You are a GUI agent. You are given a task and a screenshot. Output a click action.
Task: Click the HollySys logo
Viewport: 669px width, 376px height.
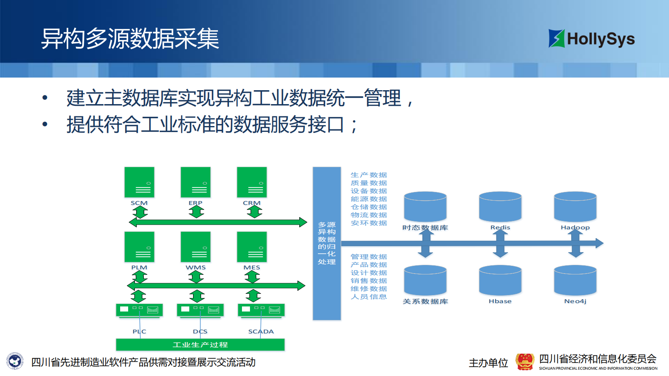591,38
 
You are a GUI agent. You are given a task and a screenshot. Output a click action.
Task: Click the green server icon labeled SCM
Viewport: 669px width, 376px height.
139,182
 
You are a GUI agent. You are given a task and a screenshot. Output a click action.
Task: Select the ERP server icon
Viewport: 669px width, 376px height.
195,182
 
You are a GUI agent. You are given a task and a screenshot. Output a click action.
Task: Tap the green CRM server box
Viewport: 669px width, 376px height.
252,182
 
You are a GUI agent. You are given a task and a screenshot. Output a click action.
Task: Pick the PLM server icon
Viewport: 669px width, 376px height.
139,247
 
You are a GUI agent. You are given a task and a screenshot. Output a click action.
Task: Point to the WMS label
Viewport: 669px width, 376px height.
196,268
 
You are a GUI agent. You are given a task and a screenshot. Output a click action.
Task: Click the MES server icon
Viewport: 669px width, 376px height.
252,247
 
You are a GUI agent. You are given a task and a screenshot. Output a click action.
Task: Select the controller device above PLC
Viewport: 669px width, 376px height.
139,310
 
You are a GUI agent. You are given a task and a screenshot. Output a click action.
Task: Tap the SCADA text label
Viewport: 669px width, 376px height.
261,332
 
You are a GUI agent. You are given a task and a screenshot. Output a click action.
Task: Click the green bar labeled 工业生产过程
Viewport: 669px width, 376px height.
200,345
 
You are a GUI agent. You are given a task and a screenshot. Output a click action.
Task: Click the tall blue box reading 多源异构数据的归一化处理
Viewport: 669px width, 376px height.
327,243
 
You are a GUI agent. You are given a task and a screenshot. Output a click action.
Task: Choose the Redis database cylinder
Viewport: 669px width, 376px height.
500,207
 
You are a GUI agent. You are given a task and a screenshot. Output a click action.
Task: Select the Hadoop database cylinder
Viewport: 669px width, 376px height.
575,207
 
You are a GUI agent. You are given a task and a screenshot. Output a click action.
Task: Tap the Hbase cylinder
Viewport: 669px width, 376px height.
500,280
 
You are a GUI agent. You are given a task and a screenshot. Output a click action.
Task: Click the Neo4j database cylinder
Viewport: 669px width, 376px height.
575,280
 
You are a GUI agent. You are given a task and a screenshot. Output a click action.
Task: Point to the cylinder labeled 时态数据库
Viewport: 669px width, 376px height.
425,207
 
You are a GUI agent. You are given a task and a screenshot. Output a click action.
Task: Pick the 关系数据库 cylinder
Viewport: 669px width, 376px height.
425,280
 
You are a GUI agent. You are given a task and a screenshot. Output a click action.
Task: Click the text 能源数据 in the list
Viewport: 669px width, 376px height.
369,199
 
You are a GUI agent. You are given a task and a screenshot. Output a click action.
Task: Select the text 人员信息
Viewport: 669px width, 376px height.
369,297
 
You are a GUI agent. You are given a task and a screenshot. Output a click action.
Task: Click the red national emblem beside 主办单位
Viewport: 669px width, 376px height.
525,362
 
